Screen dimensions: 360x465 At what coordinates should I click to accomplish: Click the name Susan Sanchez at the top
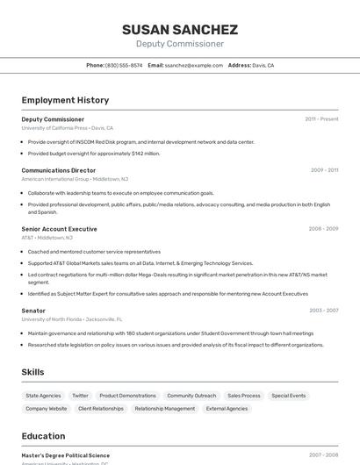tap(180, 30)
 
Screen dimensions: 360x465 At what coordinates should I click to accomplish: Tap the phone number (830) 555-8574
tap(124, 65)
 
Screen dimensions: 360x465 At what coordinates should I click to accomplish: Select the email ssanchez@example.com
tap(194, 65)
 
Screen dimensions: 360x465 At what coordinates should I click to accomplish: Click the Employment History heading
tap(65, 100)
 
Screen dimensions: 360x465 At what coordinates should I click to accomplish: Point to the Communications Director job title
tap(59, 170)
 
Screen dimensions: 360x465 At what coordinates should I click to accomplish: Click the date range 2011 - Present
tap(321, 119)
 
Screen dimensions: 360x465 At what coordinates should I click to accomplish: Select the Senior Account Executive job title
tap(60, 229)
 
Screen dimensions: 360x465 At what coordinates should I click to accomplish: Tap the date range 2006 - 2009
tap(323, 229)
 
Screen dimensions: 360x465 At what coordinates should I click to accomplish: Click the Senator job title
tap(33, 311)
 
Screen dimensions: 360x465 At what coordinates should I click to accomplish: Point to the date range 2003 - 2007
tap(323, 311)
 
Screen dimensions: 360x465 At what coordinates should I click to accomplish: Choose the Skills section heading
tap(32, 372)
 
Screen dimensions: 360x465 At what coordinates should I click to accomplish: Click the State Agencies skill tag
tap(43, 396)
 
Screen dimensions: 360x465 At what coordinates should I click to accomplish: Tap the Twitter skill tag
tap(80, 396)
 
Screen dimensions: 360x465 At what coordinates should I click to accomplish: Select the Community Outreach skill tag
tap(191, 396)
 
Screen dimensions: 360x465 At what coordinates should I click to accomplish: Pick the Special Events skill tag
tap(289, 396)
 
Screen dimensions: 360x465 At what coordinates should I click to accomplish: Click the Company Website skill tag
tap(46, 409)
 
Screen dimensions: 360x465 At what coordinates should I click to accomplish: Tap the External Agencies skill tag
tap(227, 409)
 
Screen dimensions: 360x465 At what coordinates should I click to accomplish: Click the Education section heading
tap(43, 436)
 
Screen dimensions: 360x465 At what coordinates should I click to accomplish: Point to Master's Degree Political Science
tap(66, 456)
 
